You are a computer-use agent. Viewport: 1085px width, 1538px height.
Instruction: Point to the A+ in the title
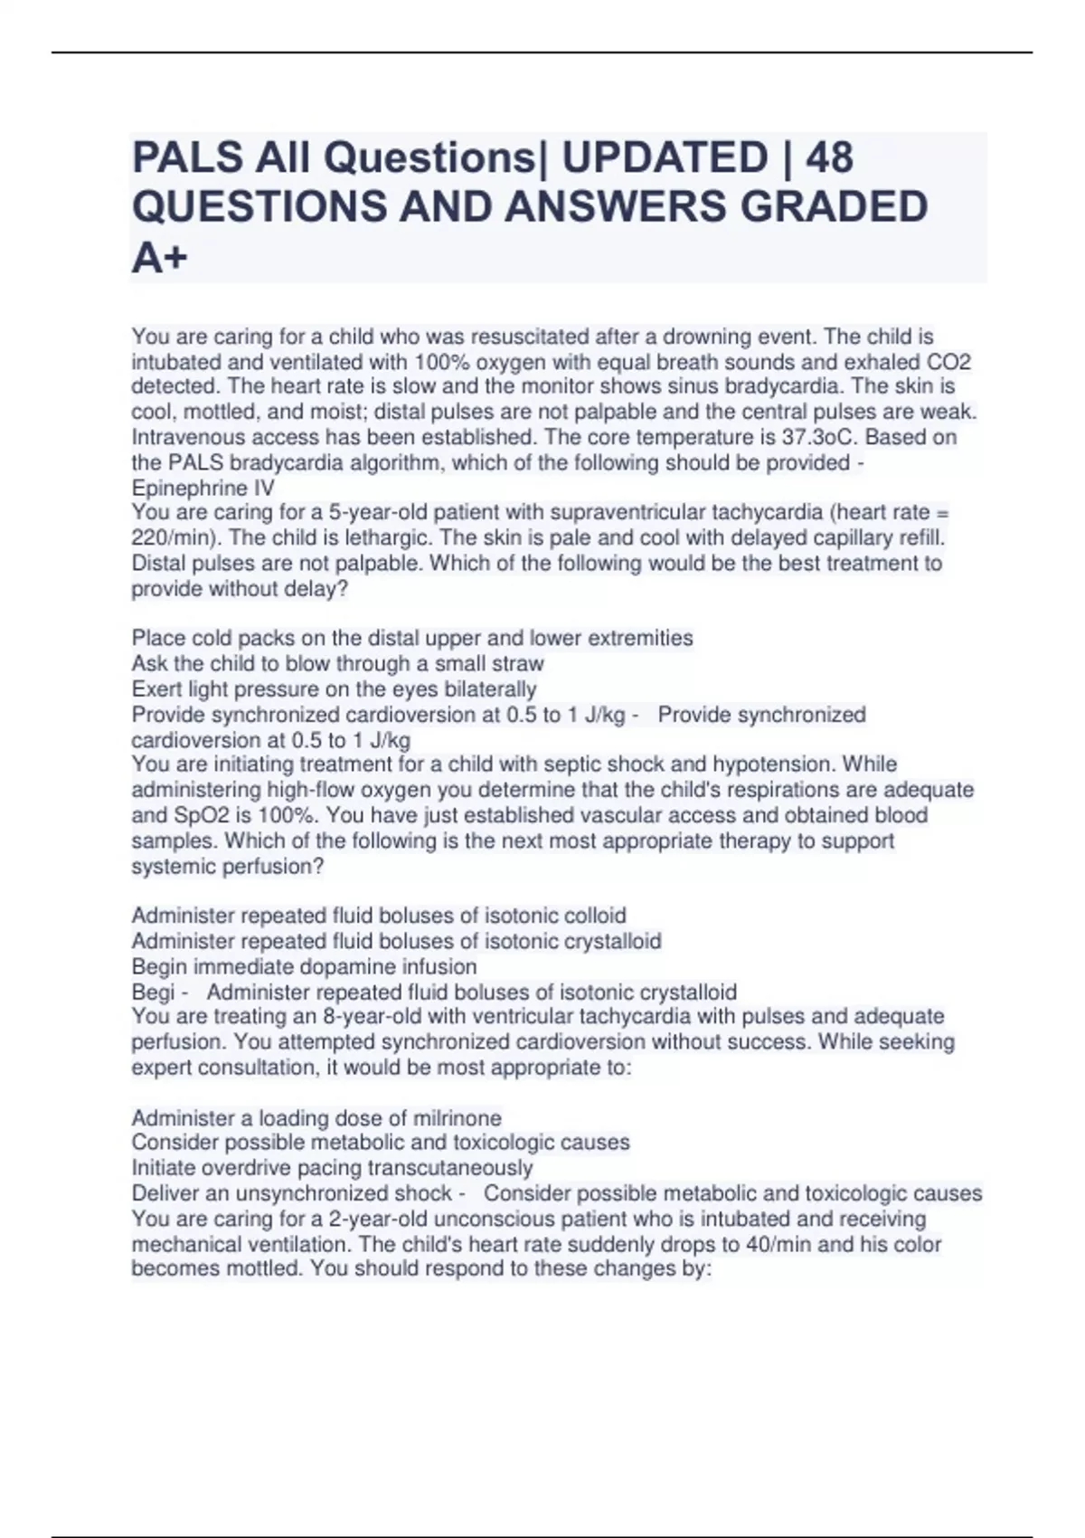pos(160,258)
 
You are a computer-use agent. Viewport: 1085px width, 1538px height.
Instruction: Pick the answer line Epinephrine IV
pos(203,489)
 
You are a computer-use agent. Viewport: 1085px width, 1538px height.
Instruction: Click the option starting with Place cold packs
pos(411,639)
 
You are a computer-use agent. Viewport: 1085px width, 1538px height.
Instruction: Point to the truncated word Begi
pos(153,992)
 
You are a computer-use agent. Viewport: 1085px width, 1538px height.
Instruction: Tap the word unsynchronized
pos(344,1193)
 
